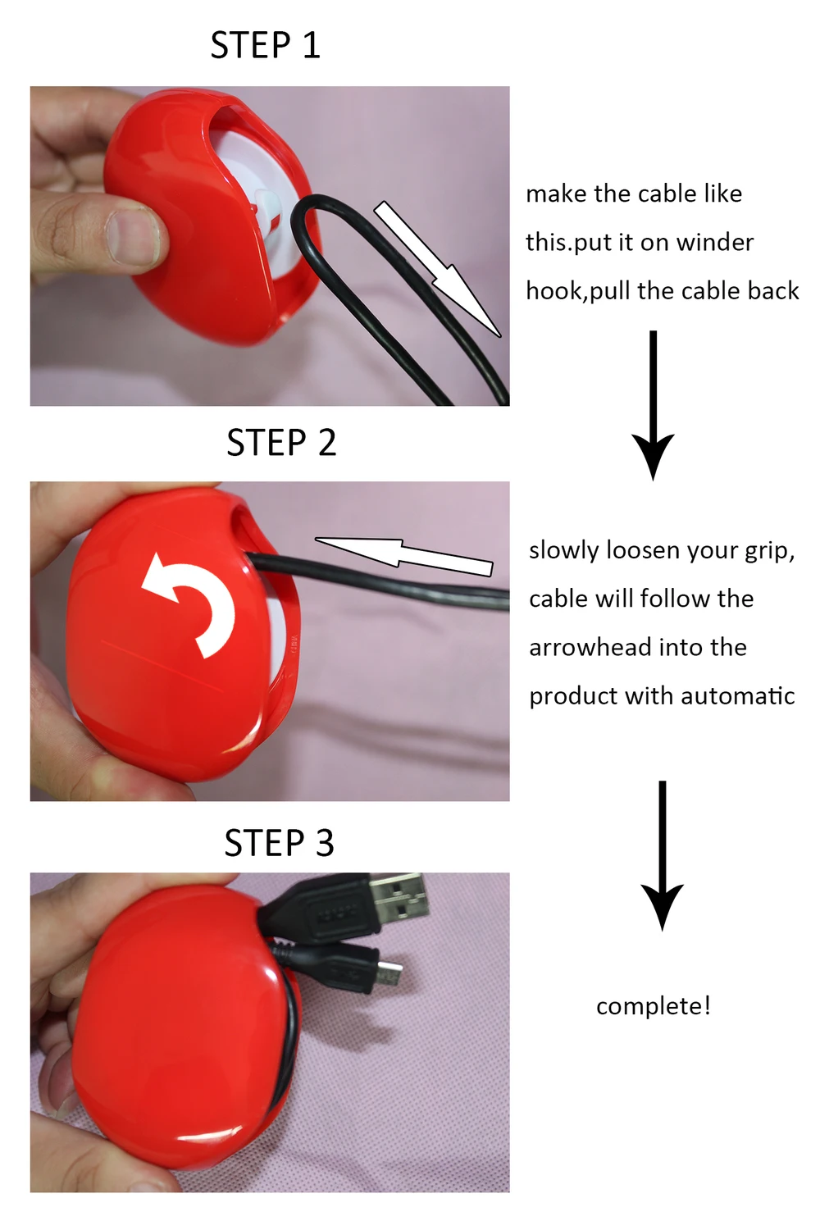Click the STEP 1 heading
265,45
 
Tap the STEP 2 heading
281,443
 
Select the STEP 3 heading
279,843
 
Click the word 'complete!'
653,1006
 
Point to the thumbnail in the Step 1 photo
131,236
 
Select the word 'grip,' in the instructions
770,550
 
